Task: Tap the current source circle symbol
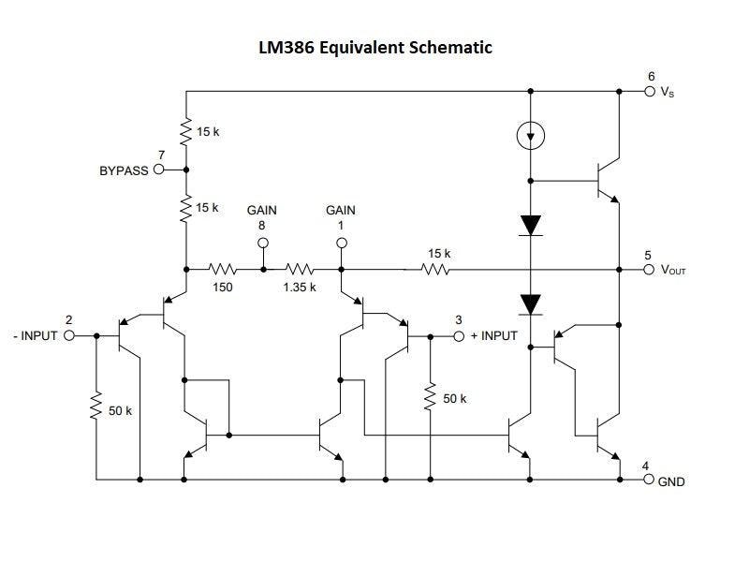click(531, 137)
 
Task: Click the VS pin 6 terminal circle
click(650, 92)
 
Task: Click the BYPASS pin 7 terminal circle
click(158, 170)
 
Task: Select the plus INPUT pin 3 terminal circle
click(459, 336)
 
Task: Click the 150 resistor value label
click(222, 287)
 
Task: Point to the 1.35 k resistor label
click(300, 287)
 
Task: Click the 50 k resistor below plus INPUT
click(430, 397)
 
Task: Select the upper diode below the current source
click(531, 225)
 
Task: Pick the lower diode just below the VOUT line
click(531, 303)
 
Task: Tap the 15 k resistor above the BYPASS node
click(187, 131)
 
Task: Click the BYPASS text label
click(124, 171)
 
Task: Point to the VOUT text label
click(674, 271)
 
